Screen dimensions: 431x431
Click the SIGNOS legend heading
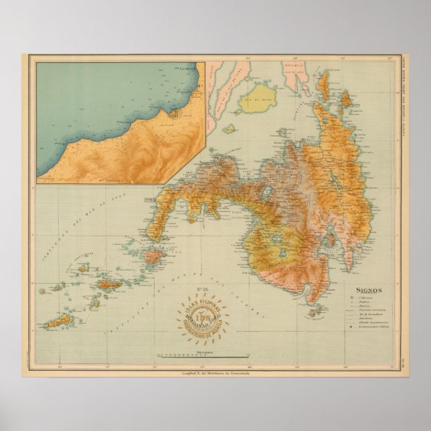365,290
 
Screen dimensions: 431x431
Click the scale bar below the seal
201,354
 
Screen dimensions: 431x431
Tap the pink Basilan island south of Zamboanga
153,256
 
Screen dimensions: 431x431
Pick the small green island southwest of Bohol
229,128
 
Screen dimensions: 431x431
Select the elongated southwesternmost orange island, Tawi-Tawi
60,321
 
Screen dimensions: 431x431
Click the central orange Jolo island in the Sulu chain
109,284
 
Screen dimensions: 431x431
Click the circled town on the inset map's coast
173,114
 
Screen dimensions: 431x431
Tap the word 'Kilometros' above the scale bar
201,349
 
